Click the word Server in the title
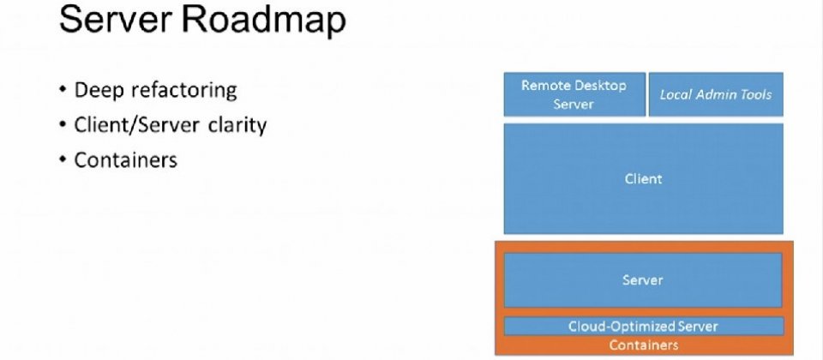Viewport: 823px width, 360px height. (116, 20)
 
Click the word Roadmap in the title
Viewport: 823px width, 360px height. (264, 20)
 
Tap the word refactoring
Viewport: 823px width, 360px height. (184, 90)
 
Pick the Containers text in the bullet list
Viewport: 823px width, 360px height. (126, 159)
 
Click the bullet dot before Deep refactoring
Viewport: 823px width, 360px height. (63, 90)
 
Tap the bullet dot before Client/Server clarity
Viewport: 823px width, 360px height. (63, 124)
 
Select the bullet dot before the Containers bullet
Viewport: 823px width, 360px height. (63, 159)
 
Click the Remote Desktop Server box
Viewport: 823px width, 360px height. (574, 94)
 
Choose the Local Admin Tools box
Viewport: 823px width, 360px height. (716, 94)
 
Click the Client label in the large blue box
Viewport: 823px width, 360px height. (644, 179)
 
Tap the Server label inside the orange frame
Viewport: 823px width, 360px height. (643, 279)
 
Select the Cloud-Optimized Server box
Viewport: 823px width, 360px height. (644, 326)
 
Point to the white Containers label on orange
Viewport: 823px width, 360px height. (644, 345)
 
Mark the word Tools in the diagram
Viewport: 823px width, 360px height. (754, 94)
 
